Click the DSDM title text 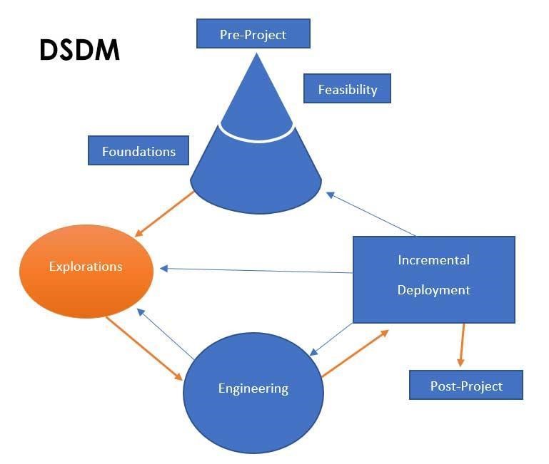tap(80, 50)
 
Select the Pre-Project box tap(253, 33)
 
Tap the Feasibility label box tap(347, 88)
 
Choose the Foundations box tap(138, 150)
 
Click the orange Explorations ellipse tap(86, 272)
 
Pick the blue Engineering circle tap(253, 393)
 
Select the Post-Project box tap(466, 385)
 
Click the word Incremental tap(434, 260)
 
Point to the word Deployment tap(434, 290)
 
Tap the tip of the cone tap(256, 53)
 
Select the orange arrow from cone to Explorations tap(164, 214)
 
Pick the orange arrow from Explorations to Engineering tap(144, 349)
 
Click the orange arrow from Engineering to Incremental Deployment tap(355, 353)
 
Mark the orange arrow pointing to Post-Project tap(463, 345)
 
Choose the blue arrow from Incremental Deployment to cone tap(371, 214)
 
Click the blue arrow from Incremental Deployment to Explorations tap(256, 270)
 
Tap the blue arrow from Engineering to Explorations tap(165, 334)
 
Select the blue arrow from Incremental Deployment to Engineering tap(331, 339)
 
